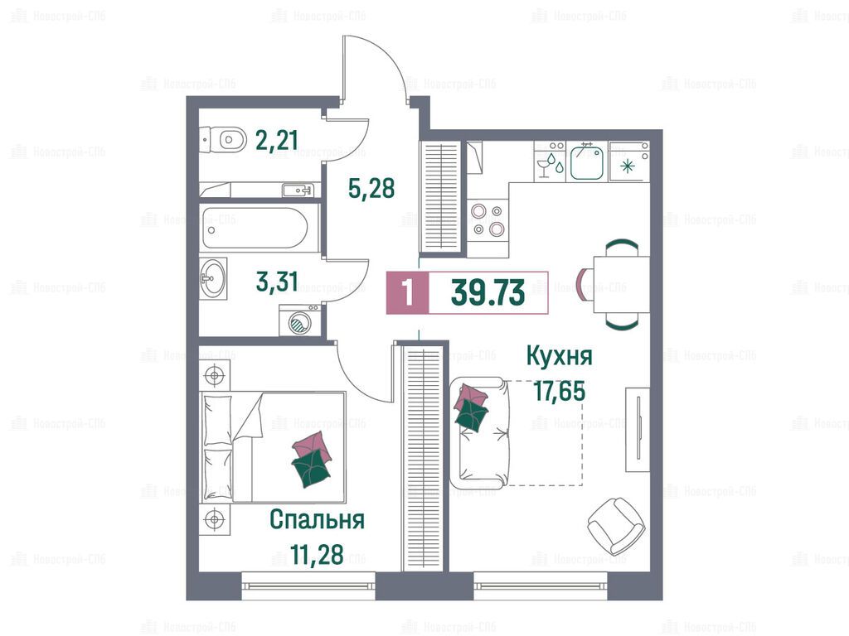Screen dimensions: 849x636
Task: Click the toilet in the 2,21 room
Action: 223,139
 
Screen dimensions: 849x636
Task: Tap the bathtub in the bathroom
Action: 254,229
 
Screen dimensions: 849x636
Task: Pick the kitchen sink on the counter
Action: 586,161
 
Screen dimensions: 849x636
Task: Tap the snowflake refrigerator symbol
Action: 628,166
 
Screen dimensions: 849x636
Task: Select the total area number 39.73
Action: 488,294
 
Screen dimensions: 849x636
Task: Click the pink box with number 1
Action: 408,293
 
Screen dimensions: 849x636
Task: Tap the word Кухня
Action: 560,356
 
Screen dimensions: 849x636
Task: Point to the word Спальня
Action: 317,519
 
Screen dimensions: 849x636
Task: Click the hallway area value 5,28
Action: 371,188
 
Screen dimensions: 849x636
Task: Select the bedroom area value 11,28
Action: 317,554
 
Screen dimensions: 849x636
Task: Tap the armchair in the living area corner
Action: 616,525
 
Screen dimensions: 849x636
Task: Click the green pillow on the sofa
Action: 471,416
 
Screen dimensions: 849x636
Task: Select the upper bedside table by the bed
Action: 215,374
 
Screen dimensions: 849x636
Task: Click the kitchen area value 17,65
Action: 560,391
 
